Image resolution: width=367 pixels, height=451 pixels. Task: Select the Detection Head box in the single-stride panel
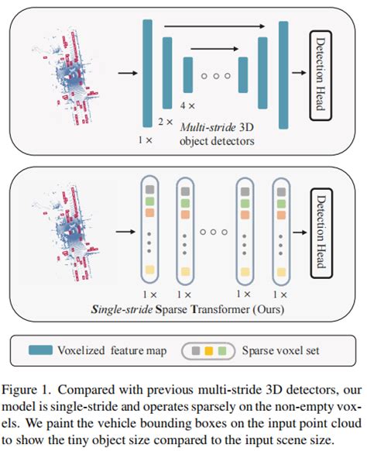(x=321, y=229)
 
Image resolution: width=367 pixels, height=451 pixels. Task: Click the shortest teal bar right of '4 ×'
(x=187, y=75)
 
